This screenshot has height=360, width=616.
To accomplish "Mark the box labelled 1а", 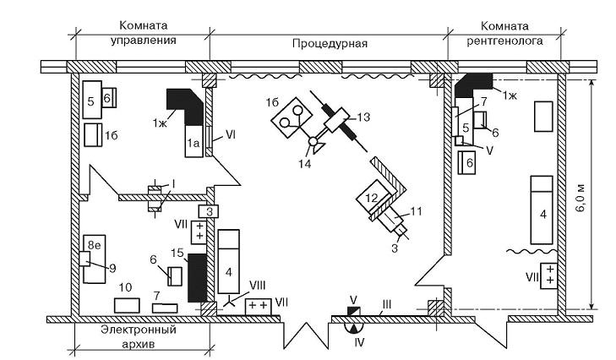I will (194, 145).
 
